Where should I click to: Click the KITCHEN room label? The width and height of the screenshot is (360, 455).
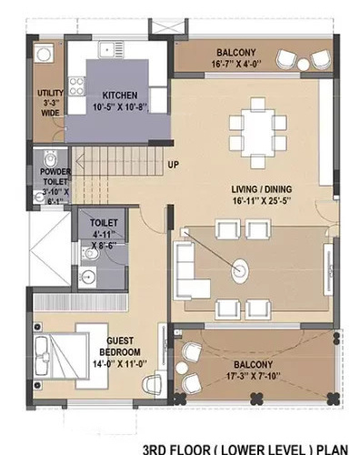[120, 96]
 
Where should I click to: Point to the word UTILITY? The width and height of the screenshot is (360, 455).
[49, 94]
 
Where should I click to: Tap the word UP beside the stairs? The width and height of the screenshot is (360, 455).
[172, 165]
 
